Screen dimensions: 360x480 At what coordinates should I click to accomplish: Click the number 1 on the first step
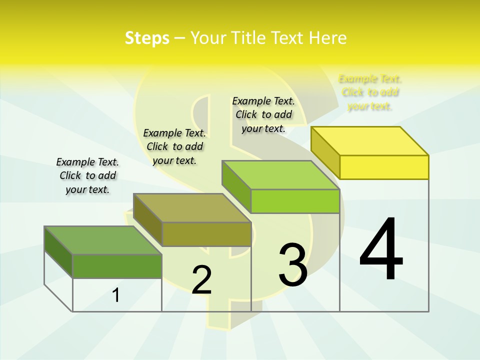116,295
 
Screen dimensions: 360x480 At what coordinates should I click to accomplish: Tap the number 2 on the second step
201,280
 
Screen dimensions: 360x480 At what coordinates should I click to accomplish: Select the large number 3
293,265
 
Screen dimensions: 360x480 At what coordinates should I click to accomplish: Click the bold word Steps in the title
147,38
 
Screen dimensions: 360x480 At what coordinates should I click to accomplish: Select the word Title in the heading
248,38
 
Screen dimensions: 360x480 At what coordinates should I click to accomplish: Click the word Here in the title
328,38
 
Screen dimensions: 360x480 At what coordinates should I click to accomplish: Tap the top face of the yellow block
370,141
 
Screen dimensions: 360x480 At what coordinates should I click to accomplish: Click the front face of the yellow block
384,167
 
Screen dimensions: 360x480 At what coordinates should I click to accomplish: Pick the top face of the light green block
281,175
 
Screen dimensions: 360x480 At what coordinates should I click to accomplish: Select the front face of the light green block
295,201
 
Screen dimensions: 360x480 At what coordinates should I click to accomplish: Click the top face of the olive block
192,208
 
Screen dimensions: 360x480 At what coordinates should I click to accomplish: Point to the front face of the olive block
206,234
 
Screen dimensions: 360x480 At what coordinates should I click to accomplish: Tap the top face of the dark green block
103,240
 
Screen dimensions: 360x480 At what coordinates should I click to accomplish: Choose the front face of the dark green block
117,266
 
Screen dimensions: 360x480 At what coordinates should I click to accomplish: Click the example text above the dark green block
87,175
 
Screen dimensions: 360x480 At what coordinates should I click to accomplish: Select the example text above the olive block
174,146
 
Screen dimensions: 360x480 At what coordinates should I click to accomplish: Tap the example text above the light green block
263,114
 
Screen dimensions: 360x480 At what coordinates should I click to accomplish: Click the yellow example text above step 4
370,92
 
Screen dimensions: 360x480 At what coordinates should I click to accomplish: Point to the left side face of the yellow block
325,152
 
